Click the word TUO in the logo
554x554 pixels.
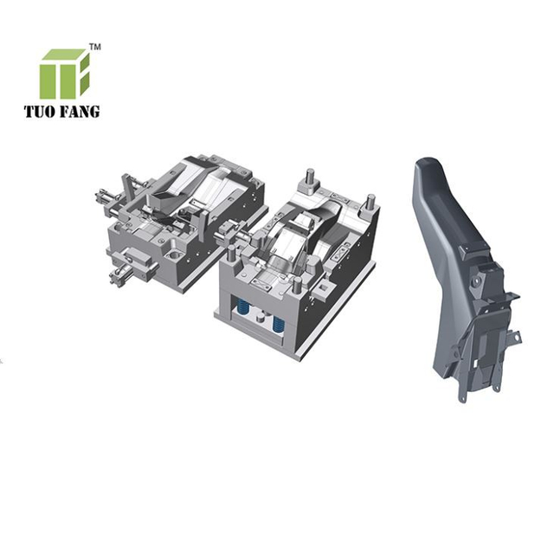click(x=40, y=111)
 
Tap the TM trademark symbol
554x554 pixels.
click(x=95, y=48)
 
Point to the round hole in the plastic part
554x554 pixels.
click(x=475, y=281)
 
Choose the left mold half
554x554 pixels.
click(x=182, y=221)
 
